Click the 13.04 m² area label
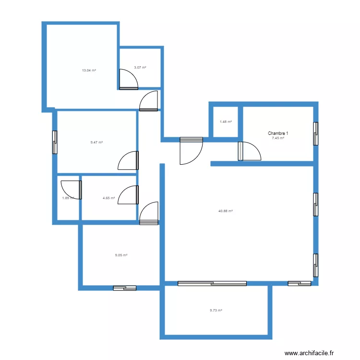(89, 71)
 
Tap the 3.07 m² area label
(140, 68)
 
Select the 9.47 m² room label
(96, 142)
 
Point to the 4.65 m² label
(108, 198)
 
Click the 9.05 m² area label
(121, 255)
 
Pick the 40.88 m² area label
(225, 211)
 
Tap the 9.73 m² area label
(216, 311)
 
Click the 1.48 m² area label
(226, 121)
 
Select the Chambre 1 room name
(278, 133)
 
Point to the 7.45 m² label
(278, 138)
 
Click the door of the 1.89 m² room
(72, 189)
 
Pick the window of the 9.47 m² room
(55, 143)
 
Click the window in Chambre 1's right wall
(315, 133)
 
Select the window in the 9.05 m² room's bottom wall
(125, 288)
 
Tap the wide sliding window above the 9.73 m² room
(212, 283)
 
